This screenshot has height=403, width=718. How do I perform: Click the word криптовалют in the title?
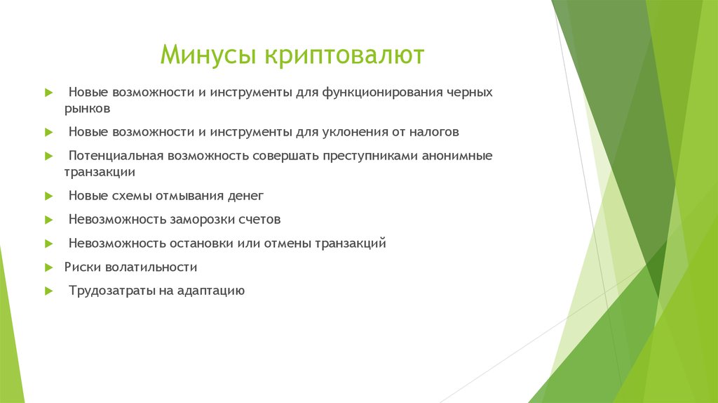(x=344, y=55)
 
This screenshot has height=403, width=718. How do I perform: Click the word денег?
(x=245, y=196)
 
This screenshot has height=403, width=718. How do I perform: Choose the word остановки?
(x=202, y=244)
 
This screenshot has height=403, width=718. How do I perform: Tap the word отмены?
(x=287, y=244)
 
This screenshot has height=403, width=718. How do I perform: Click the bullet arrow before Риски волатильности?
(x=48, y=267)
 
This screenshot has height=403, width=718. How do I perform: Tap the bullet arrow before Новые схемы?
(x=48, y=196)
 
